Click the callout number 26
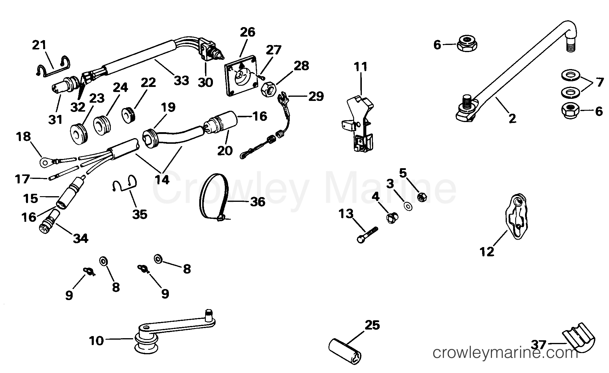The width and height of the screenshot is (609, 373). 247,32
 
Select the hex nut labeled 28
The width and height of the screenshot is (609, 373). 269,90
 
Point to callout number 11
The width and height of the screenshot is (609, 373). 361,67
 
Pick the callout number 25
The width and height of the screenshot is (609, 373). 372,325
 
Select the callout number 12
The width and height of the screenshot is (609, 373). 487,252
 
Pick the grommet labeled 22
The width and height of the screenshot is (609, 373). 129,115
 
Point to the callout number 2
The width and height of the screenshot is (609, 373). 512,119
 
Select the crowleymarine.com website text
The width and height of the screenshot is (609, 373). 505,353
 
